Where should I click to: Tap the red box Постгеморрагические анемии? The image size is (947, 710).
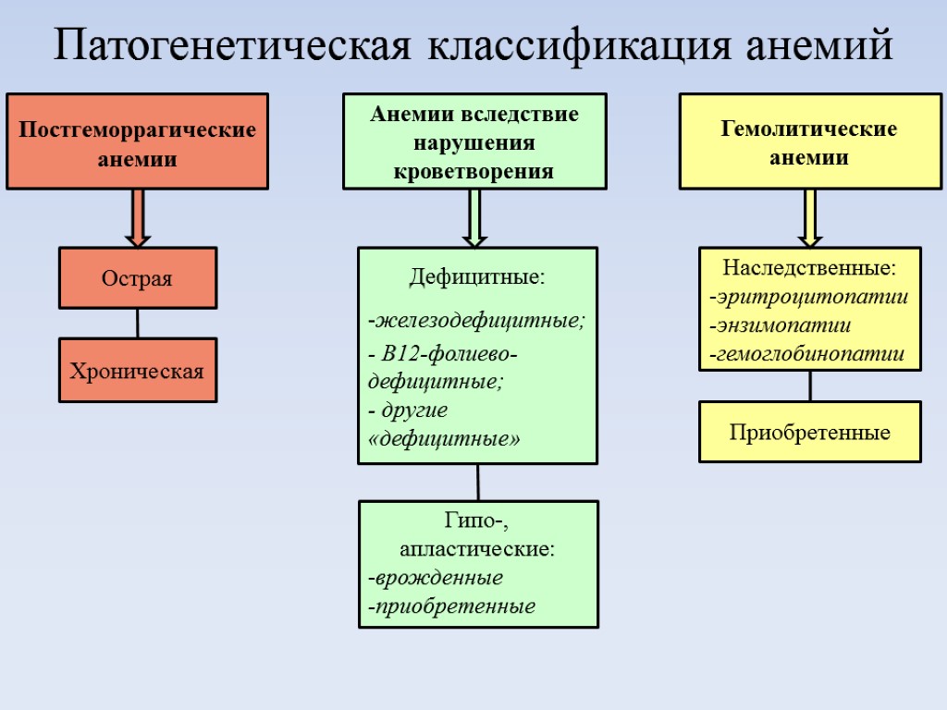[x=137, y=141]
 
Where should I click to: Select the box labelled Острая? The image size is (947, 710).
[x=138, y=277]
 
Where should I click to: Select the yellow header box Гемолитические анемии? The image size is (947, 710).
[x=810, y=141]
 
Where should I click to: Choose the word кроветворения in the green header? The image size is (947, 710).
[x=474, y=171]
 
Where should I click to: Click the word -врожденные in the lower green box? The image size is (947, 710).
[x=435, y=578]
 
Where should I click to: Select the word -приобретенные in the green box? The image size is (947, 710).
[x=451, y=606]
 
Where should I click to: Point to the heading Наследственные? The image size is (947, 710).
[x=809, y=268]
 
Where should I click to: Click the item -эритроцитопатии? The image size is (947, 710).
[x=808, y=297]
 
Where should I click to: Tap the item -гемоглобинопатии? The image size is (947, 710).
[x=806, y=353]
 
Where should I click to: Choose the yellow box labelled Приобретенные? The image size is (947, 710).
[x=809, y=432]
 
